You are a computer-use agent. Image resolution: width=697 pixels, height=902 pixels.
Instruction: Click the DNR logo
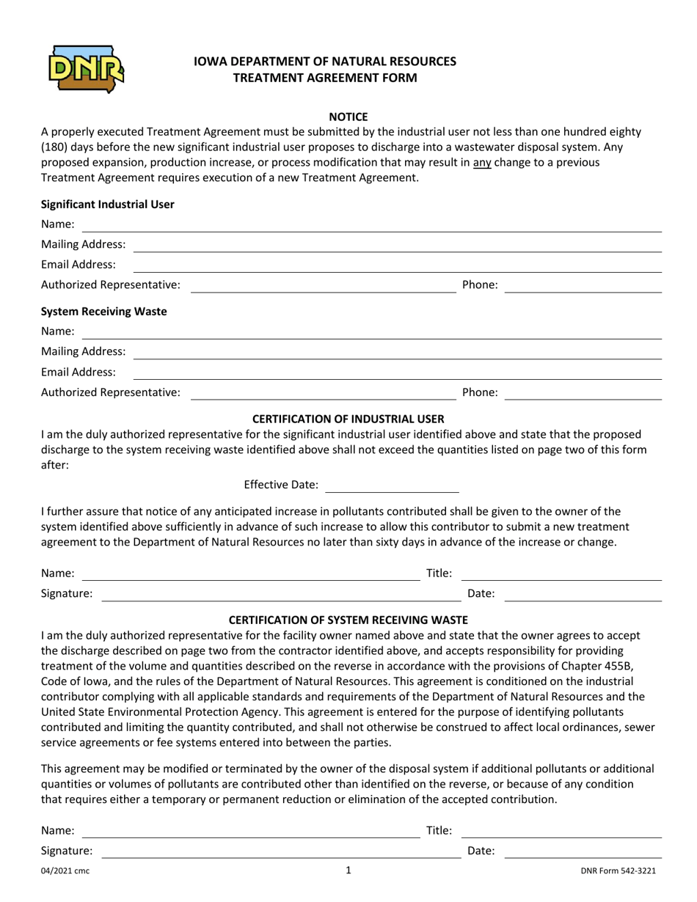tap(84, 68)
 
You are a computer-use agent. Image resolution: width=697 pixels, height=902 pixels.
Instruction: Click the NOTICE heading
tap(348, 117)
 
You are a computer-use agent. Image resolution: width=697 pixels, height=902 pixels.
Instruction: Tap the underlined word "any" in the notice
tap(482, 162)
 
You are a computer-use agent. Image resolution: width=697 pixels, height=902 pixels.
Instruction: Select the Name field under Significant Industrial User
tap(371, 225)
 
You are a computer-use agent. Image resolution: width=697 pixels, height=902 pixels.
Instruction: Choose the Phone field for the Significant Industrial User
tap(583, 285)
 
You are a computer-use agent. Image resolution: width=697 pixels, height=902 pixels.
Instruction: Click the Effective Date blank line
tap(392, 485)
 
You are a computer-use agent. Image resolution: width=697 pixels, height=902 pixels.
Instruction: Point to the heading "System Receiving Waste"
tap(104, 311)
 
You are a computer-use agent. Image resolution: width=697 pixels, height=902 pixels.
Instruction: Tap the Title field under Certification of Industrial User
tap(561, 574)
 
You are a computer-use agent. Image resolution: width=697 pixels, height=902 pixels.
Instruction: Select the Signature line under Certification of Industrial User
tap(280, 595)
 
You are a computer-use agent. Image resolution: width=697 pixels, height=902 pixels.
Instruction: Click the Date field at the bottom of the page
tap(583, 852)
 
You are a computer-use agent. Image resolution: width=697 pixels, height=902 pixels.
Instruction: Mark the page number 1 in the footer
tap(348, 870)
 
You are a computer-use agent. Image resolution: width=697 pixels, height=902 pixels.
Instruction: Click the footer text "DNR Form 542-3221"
tap(618, 871)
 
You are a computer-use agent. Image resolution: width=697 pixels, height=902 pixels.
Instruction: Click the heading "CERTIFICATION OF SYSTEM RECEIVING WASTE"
tap(348, 620)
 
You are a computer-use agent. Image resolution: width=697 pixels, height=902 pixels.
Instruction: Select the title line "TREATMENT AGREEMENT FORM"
tap(325, 77)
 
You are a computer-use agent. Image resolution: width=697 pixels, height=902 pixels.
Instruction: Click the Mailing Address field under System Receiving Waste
tap(397, 352)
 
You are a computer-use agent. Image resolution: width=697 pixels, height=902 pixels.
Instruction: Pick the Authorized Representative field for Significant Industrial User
tap(323, 285)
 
